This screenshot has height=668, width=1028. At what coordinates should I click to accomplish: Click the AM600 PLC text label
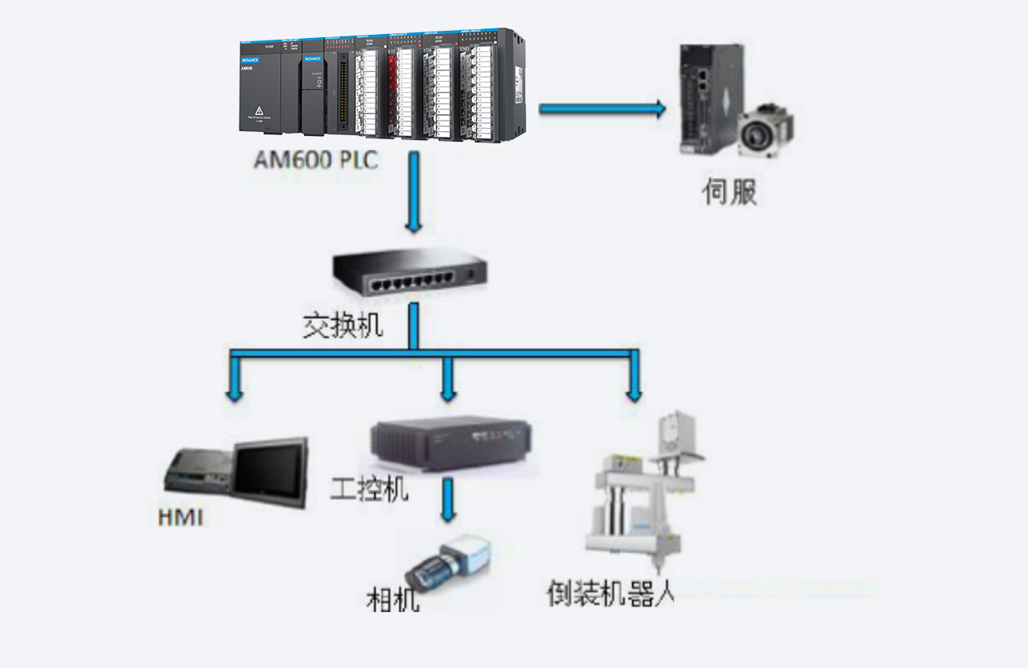coord(316,160)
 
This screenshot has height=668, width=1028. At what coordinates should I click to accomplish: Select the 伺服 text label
coord(729,192)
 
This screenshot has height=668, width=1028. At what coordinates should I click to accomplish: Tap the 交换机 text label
coord(342,325)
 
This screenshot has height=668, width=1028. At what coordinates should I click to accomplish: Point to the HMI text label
coord(181,517)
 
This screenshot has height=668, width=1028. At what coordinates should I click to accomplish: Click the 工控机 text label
coord(370,488)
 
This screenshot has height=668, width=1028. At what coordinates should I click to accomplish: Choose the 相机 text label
coord(393,600)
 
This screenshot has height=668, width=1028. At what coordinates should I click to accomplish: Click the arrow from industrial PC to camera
coord(448,501)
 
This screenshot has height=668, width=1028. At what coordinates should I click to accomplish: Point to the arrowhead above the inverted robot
coord(634,393)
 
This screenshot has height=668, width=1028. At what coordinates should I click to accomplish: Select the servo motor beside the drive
coord(765,129)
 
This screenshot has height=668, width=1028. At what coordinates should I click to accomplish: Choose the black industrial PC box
coord(448,443)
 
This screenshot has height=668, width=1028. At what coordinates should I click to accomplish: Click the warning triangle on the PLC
coord(259,110)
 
